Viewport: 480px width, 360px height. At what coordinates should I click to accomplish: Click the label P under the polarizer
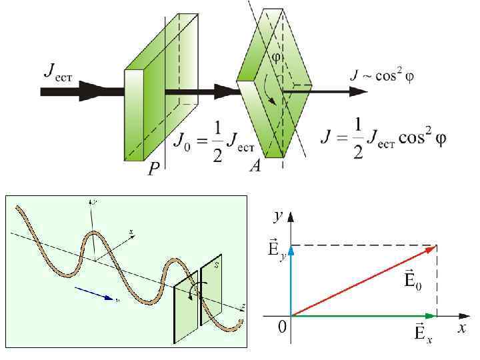click(153, 170)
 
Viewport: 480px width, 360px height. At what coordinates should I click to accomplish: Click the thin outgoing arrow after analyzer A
click(327, 91)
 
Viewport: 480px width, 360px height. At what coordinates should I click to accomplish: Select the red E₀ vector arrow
click(364, 280)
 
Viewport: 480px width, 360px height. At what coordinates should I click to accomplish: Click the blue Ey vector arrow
click(291, 280)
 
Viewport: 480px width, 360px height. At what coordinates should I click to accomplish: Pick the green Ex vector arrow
click(364, 315)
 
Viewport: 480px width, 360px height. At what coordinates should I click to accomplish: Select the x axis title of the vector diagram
click(461, 328)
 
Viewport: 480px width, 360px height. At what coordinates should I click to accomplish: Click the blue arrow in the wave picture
click(93, 294)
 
